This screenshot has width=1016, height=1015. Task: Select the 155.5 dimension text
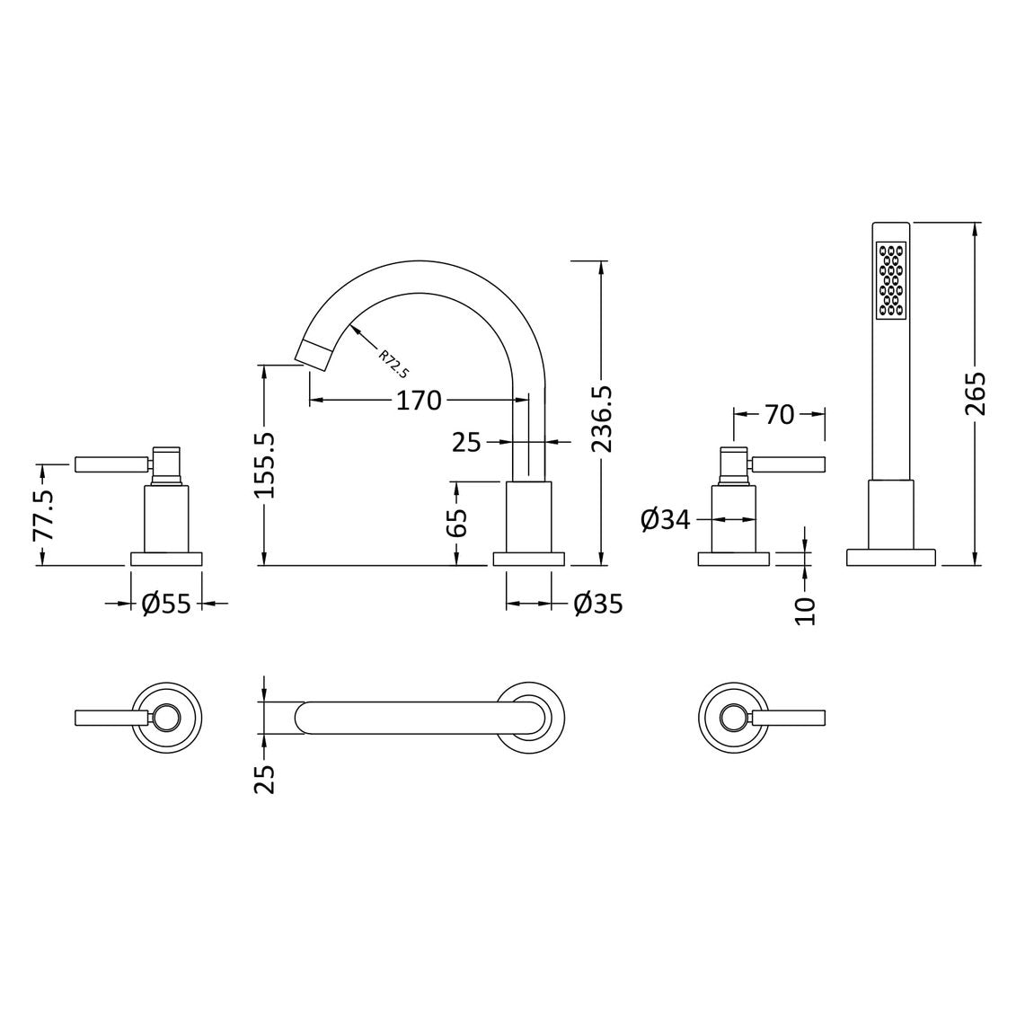[x=265, y=465]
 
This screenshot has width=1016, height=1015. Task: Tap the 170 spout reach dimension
[x=419, y=401]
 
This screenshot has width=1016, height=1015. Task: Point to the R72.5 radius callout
[x=393, y=364]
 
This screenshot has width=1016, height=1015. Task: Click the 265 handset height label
[x=975, y=393]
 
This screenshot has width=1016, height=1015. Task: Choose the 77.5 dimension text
[x=44, y=516]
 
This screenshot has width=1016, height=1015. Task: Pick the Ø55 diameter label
[x=166, y=604]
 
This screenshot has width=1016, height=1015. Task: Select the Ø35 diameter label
[x=598, y=604]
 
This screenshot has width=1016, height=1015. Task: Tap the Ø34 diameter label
[x=666, y=519]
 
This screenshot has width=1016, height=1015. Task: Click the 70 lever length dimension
[x=780, y=415]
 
